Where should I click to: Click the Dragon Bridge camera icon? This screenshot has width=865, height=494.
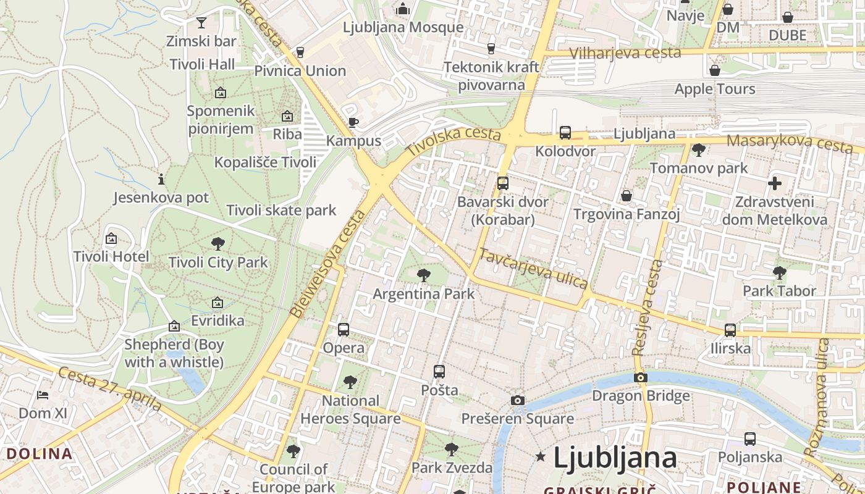[x=641, y=377]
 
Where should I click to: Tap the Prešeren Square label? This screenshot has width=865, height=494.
[x=518, y=419]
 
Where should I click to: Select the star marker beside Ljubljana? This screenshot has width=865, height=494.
[x=541, y=457]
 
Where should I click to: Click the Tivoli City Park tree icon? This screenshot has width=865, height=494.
[x=217, y=243]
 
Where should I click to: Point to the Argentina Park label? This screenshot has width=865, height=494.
[x=423, y=293]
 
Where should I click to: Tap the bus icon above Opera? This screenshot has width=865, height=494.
[x=344, y=329]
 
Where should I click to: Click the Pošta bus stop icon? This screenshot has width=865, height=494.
[x=439, y=372]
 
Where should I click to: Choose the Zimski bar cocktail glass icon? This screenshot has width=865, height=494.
[x=201, y=23]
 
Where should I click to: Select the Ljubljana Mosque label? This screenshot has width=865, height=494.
[x=403, y=27]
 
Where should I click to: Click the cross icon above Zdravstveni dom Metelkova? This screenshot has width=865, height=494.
[x=775, y=183]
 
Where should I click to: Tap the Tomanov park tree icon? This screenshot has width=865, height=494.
[x=699, y=149]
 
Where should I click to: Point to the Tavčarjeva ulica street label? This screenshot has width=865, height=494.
[x=533, y=269]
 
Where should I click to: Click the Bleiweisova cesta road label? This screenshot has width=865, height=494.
[x=327, y=264]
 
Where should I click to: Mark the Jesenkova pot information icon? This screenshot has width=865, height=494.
[x=161, y=180]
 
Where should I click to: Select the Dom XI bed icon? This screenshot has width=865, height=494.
[x=43, y=395]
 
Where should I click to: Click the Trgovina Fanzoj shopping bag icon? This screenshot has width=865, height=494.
[x=627, y=196]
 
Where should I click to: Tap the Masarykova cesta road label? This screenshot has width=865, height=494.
[x=790, y=143]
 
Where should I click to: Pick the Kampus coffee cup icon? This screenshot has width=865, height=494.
[x=353, y=122]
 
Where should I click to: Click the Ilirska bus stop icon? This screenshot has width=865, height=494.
[x=730, y=330]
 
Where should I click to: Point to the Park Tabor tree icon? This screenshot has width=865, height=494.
[x=779, y=272]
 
